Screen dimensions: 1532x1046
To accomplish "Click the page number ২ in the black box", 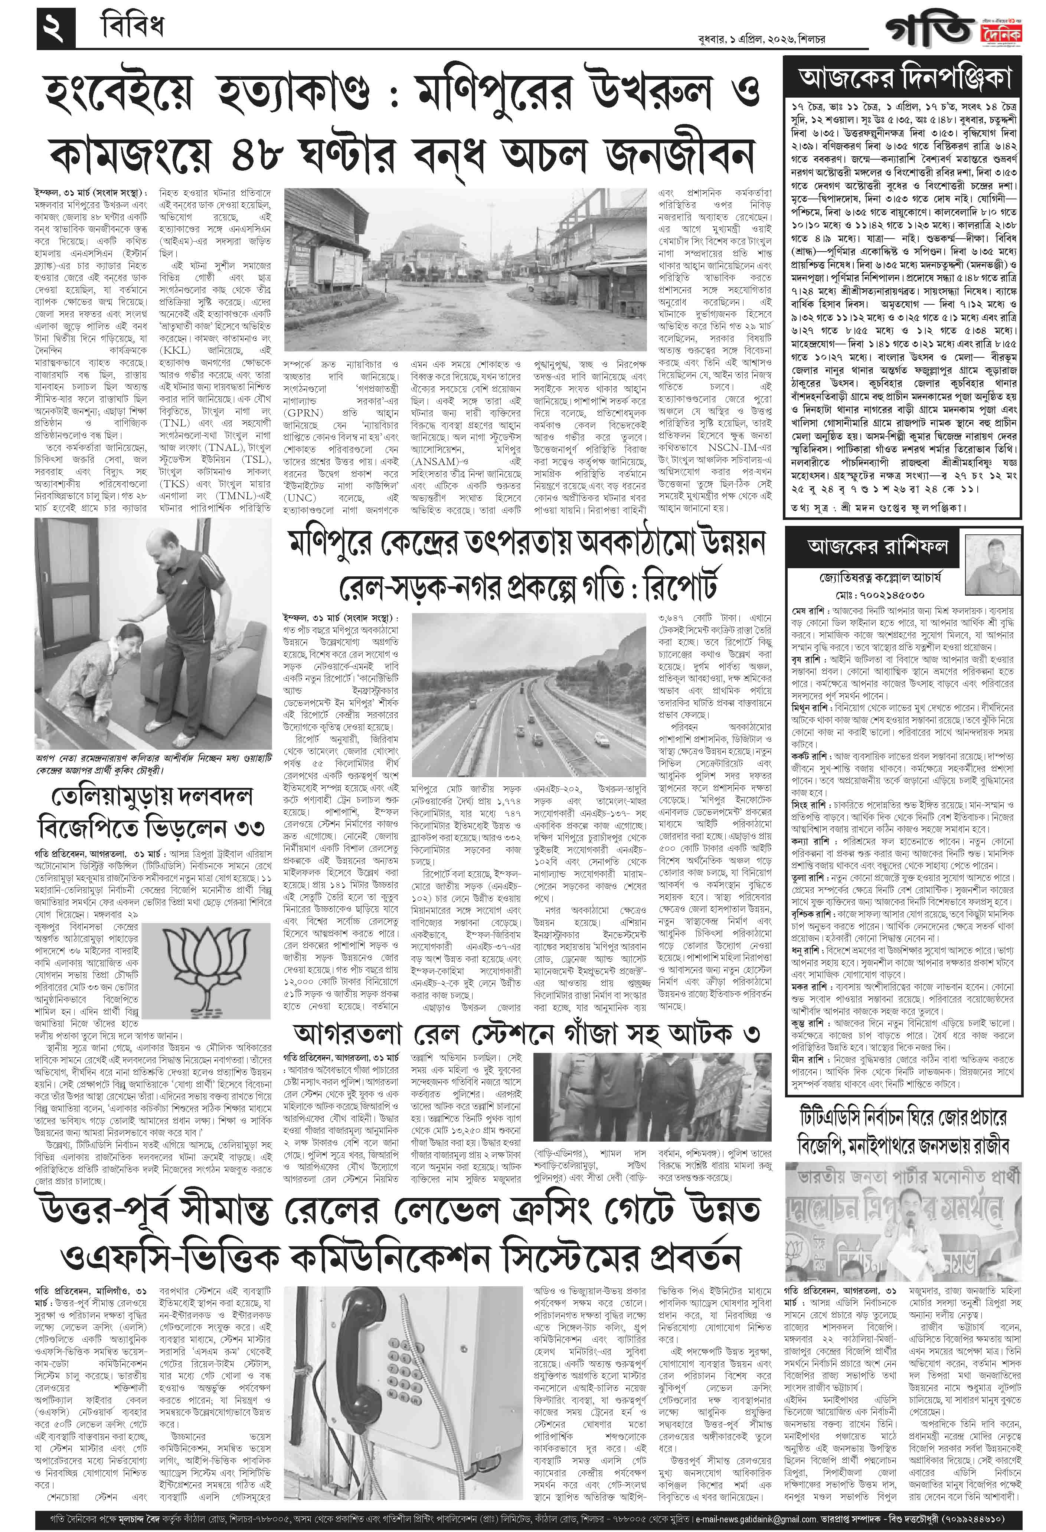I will click(x=55, y=28).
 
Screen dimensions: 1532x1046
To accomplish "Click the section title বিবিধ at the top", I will click(x=132, y=28).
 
